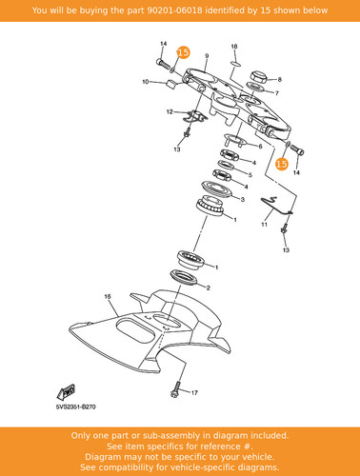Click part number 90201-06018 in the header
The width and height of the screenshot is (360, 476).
click(x=174, y=10)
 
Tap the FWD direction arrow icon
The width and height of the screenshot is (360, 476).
click(x=67, y=392)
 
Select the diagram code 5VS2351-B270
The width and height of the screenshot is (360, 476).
click(x=75, y=407)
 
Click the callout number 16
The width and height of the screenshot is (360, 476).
click(x=108, y=297)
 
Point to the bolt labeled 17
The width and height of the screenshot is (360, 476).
click(x=175, y=389)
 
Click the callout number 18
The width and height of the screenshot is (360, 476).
click(x=234, y=47)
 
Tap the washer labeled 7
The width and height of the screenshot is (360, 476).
click(x=254, y=87)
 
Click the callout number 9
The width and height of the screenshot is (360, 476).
click(x=207, y=56)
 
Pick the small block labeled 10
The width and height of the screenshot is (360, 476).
click(x=171, y=85)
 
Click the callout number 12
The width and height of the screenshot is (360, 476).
click(x=170, y=111)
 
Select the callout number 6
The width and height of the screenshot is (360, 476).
click(x=260, y=147)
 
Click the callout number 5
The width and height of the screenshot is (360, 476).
click(x=250, y=174)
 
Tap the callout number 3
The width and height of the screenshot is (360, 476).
click(x=243, y=199)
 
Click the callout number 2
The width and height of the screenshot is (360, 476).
click(x=208, y=288)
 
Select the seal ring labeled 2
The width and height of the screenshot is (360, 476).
click(x=185, y=277)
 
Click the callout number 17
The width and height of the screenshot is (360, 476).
click(x=194, y=393)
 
